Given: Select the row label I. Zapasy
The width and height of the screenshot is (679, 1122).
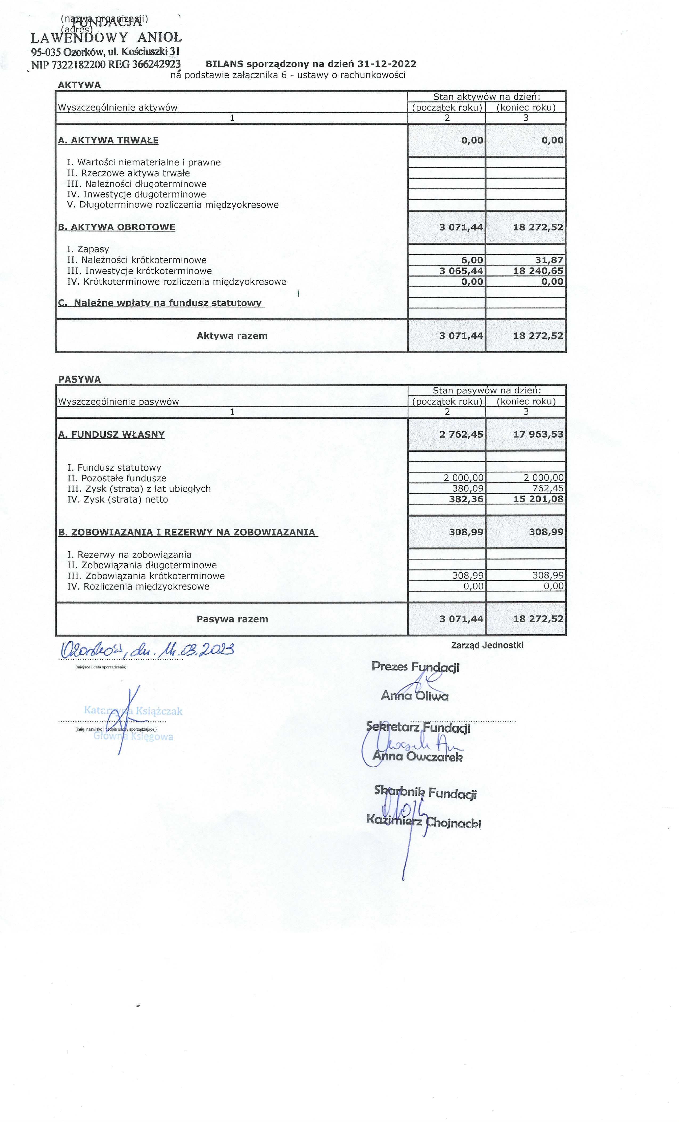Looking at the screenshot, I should [x=88, y=249].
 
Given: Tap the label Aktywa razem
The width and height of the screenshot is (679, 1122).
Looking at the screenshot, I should [x=232, y=336].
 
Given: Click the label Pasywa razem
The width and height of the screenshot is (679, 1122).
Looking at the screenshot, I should [x=232, y=619].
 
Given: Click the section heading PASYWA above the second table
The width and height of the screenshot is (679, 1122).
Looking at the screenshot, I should [x=80, y=379].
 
